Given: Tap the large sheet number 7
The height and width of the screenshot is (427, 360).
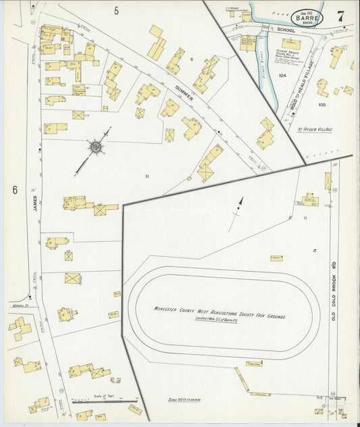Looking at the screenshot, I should click(x=343, y=15).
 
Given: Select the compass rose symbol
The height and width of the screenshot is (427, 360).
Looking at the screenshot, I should click(x=95, y=146).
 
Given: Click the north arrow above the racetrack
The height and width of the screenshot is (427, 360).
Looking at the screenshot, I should click(x=238, y=207).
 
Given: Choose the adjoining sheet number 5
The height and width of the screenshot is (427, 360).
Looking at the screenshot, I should click(x=116, y=10).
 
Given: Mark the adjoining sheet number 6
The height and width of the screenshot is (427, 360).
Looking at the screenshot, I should click(x=14, y=191).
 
